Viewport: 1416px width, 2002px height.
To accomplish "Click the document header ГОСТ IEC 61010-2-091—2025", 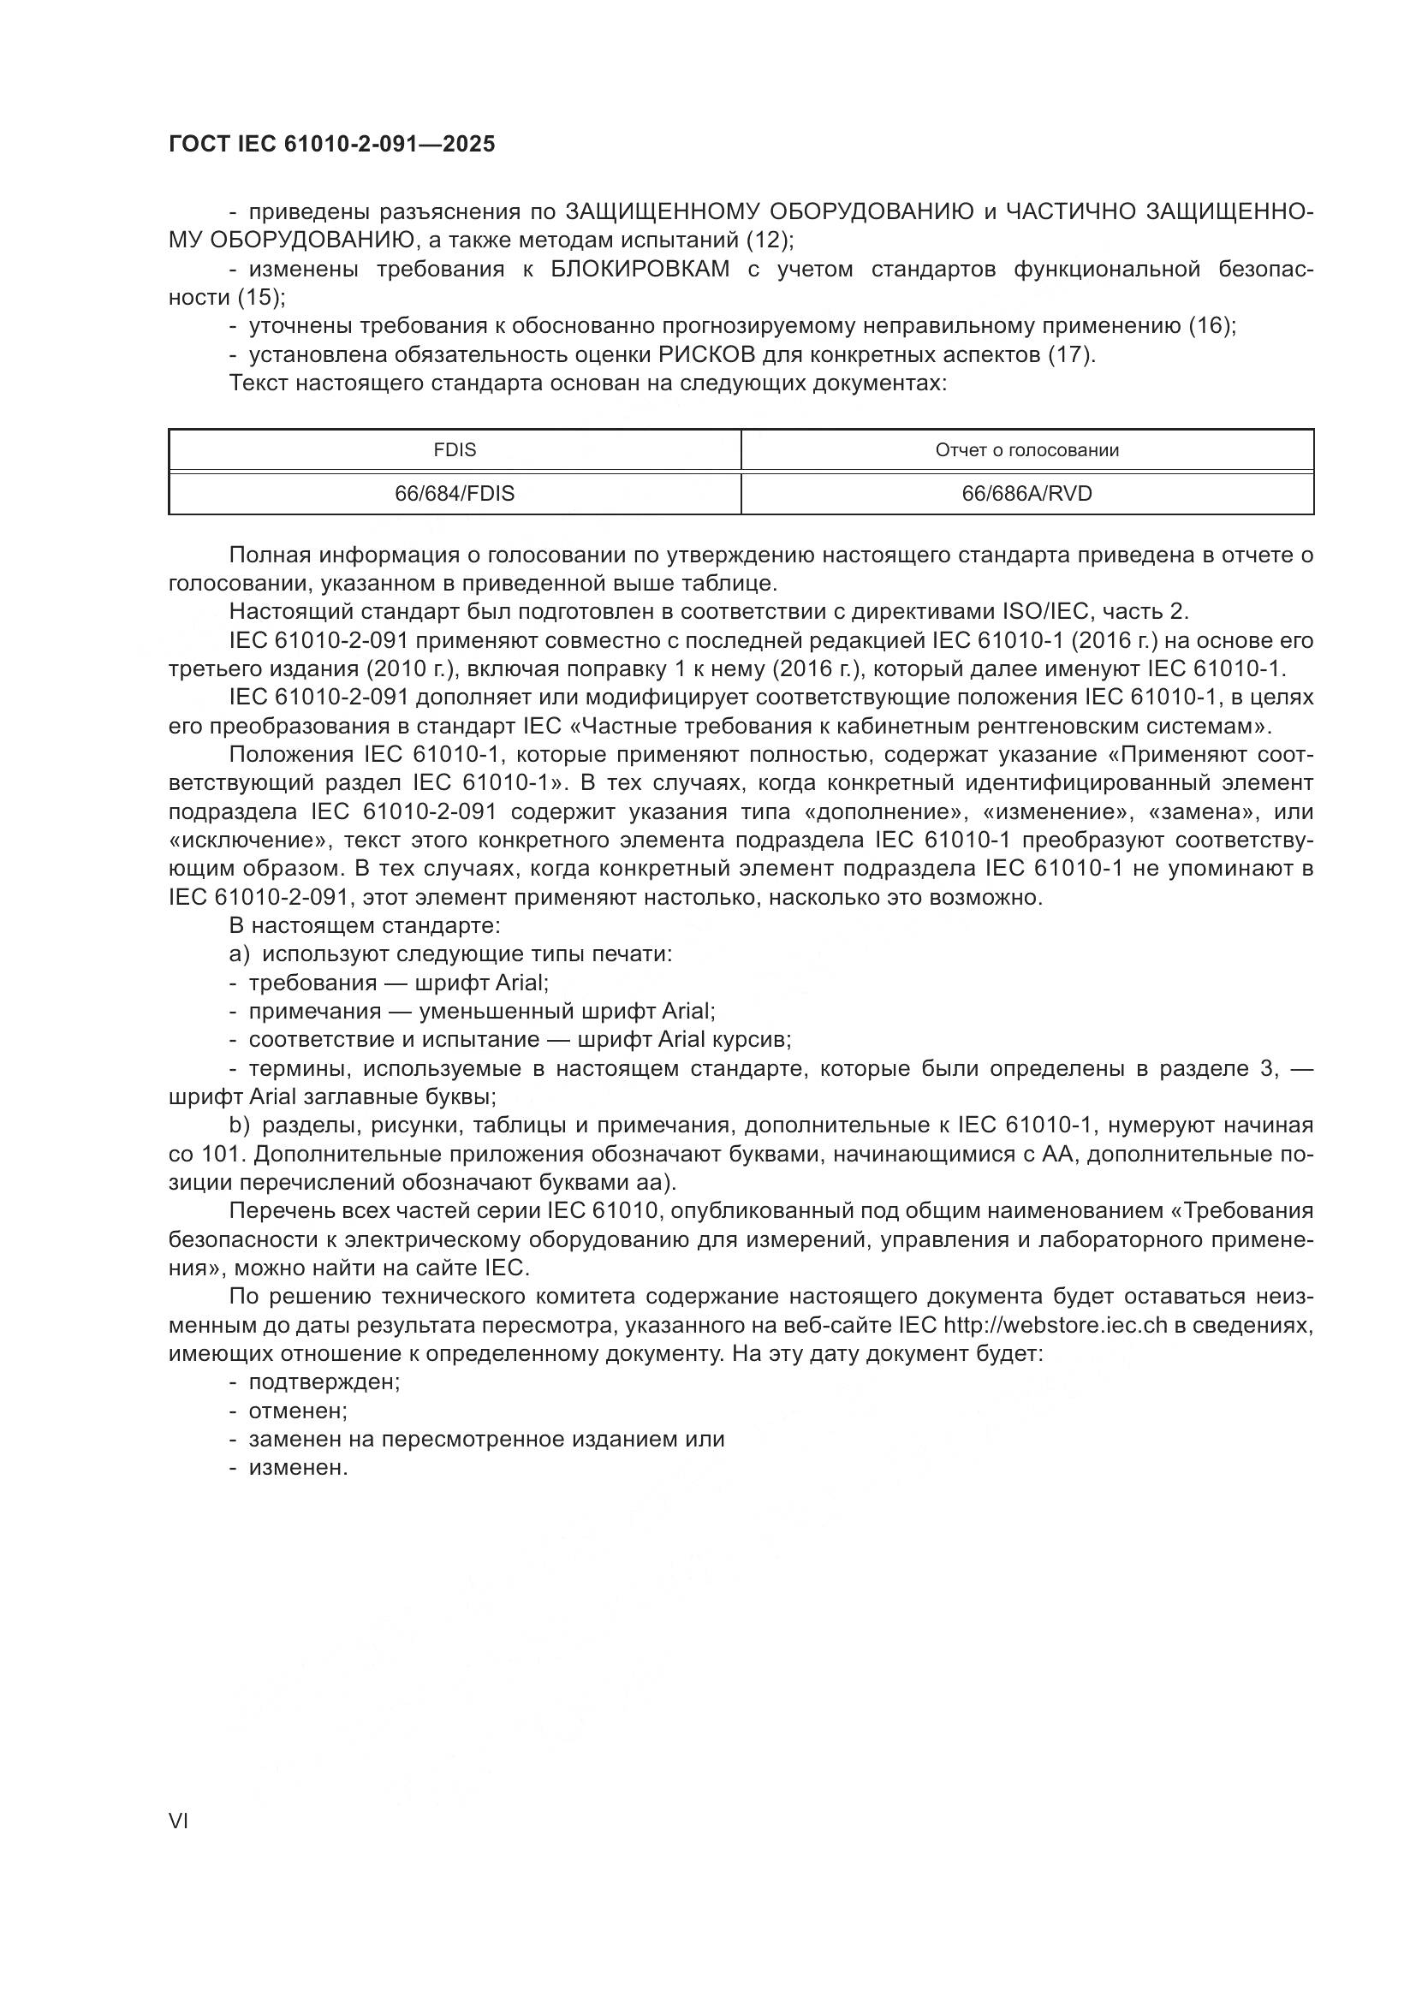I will point(331,144).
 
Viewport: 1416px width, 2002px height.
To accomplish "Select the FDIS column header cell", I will point(455,451).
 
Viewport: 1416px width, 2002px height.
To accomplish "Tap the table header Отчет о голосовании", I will point(1026,451).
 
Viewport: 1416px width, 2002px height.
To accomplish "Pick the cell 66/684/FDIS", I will point(455,495).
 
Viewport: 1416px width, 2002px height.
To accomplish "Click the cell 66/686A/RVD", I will point(1026,495).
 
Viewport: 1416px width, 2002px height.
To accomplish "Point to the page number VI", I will point(179,1821).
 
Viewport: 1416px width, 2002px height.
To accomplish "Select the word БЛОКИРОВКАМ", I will point(641,269).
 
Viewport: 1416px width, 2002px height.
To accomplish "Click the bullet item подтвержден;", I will point(324,1382).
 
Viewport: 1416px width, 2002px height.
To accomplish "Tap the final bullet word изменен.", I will point(298,1469).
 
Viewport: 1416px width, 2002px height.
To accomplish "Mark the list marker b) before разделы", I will point(240,1126).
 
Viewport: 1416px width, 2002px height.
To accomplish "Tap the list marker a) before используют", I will point(240,953).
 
